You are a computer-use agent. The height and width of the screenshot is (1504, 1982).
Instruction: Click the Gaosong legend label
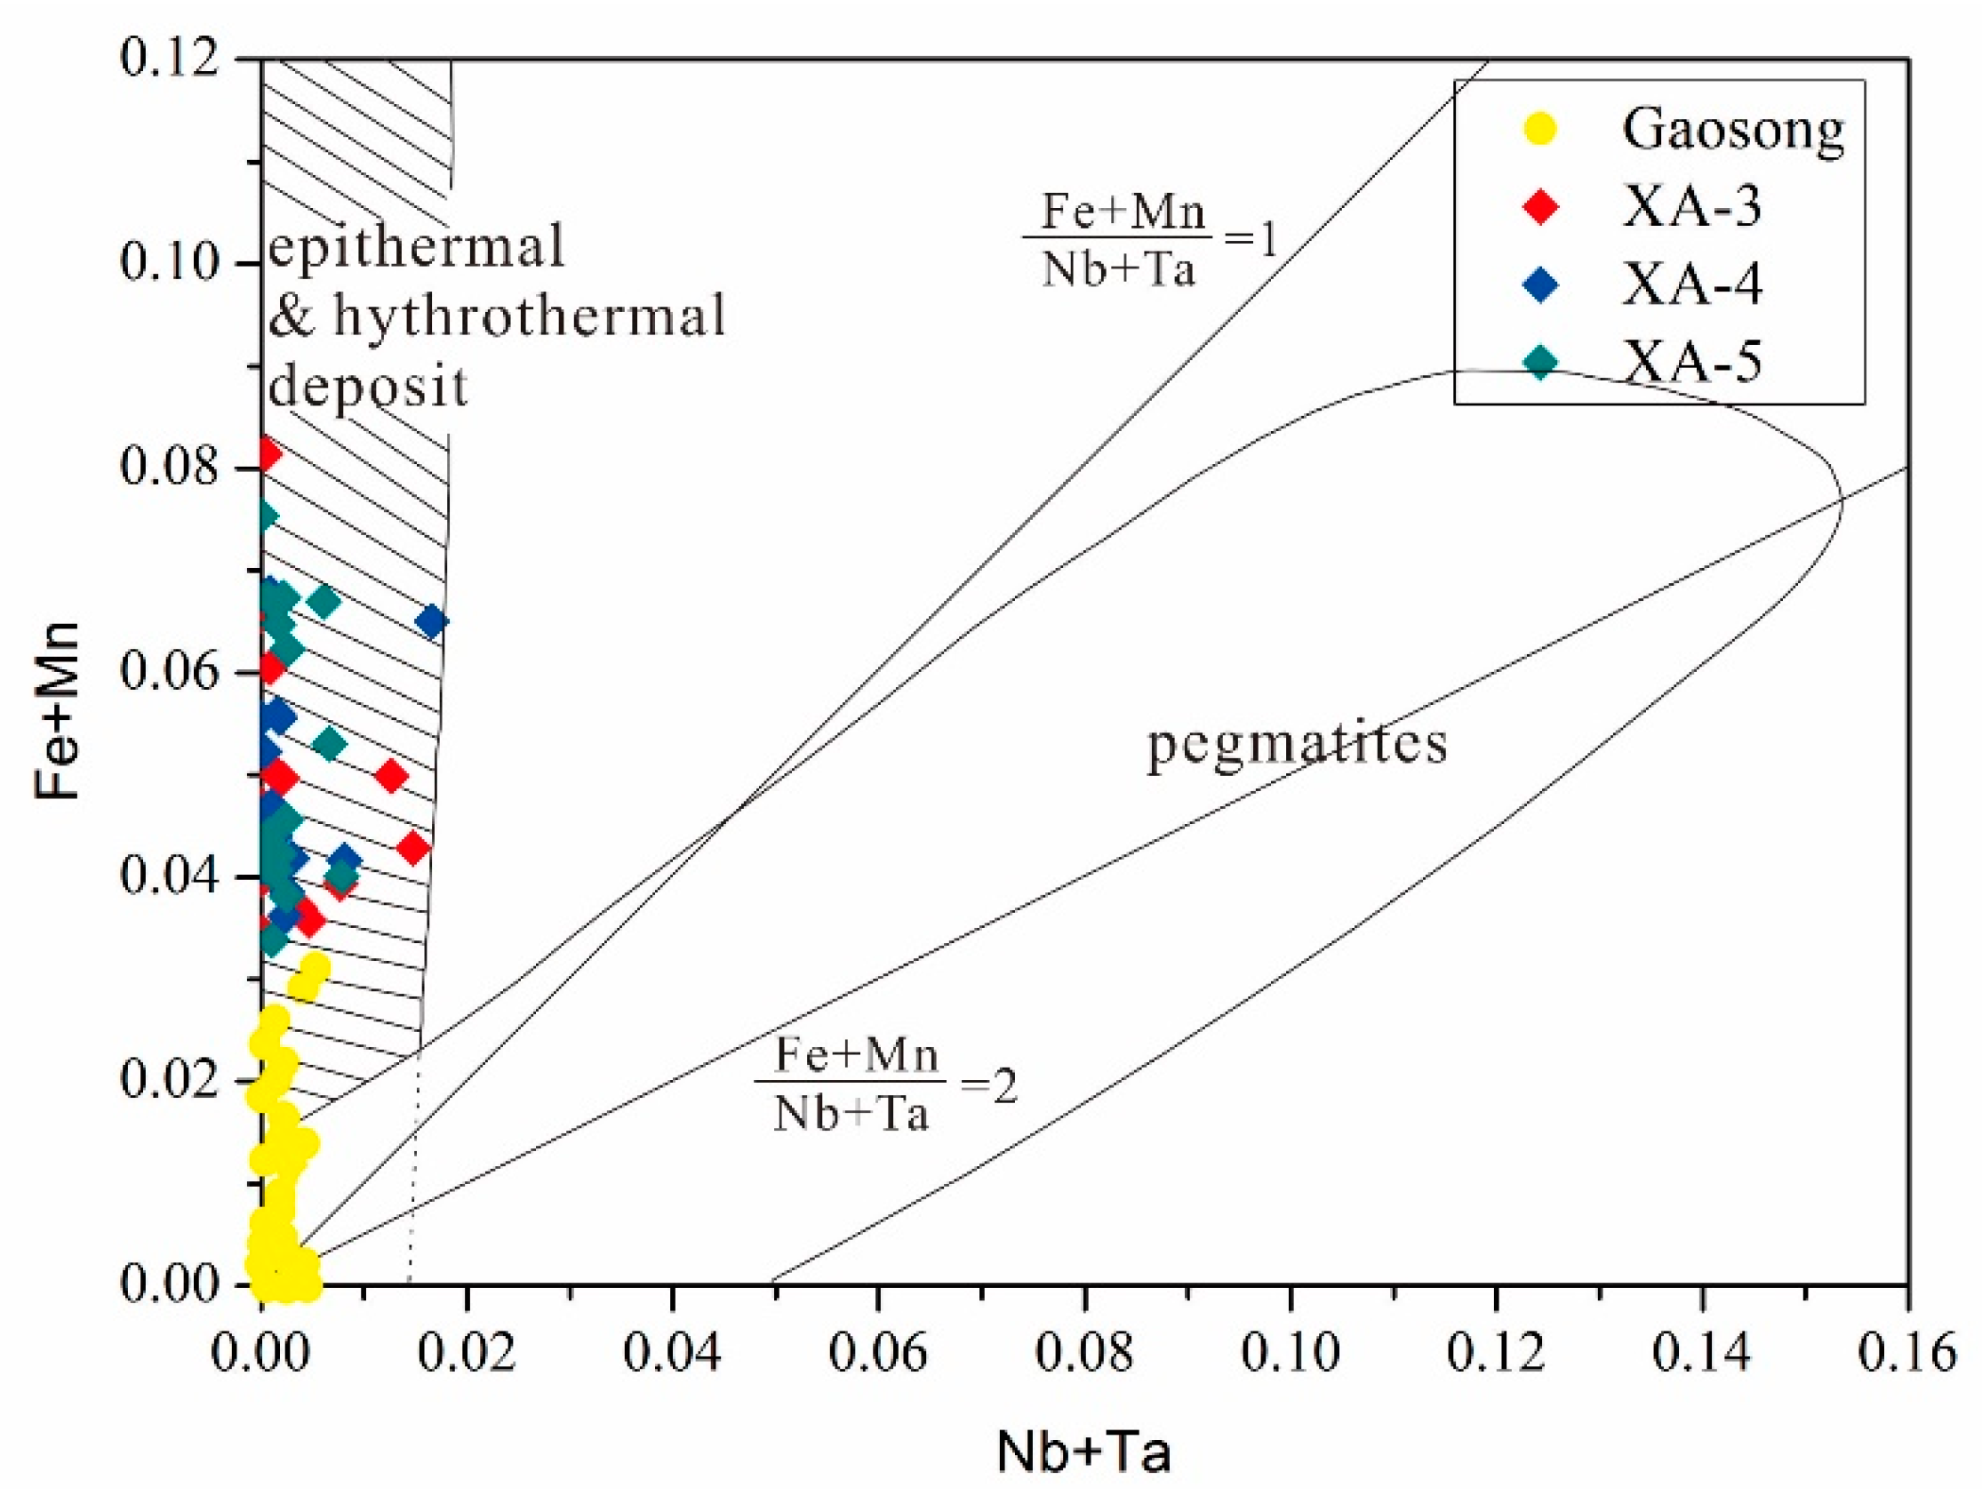point(1733,129)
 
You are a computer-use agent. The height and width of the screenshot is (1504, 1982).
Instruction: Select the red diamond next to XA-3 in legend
point(1541,207)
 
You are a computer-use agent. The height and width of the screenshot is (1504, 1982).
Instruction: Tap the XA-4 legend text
point(1691,285)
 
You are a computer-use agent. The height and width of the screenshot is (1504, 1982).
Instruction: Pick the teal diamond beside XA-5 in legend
point(1541,362)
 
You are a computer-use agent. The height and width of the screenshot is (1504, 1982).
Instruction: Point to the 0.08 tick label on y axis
point(171,467)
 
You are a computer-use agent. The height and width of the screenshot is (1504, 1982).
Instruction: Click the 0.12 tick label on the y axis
point(171,60)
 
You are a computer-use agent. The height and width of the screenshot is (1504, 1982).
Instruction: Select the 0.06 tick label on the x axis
point(877,1353)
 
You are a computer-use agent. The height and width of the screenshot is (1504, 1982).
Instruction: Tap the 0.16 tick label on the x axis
point(1906,1353)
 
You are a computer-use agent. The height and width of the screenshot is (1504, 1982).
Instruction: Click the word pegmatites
point(1298,744)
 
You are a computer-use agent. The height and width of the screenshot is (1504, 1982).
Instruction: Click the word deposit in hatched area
point(368,387)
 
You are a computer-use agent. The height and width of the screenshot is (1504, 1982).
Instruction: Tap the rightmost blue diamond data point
point(431,621)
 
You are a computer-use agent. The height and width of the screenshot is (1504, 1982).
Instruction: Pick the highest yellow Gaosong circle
point(316,967)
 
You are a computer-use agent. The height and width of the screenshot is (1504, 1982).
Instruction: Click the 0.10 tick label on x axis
point(1290,1353)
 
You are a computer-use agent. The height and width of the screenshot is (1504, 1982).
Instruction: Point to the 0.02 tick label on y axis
point(171,1080)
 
